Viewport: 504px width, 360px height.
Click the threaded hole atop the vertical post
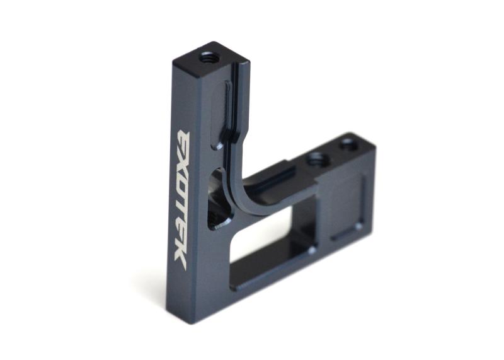[207, 59]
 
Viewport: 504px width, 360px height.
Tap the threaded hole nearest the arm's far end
[348, 142]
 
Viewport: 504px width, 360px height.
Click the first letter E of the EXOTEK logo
[184, 142]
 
